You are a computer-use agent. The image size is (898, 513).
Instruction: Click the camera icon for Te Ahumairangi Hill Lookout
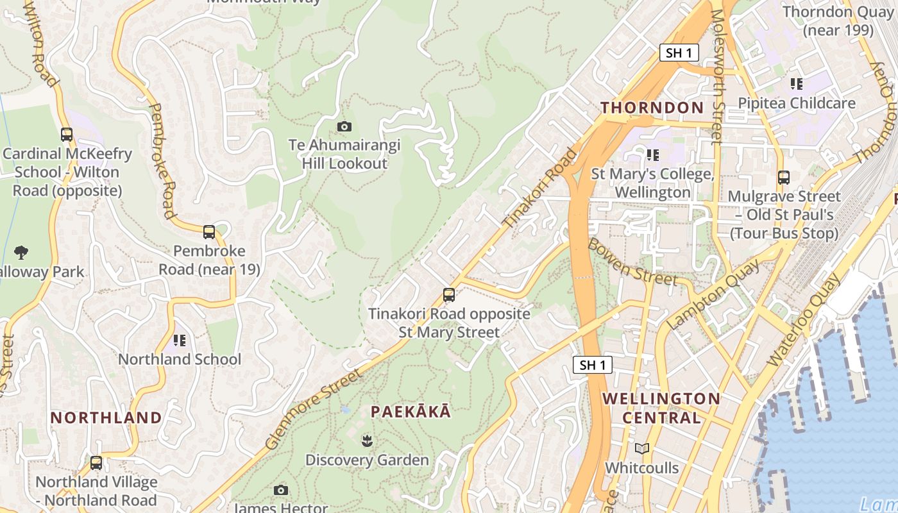344,126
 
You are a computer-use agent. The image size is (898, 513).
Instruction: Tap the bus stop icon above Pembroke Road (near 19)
209,232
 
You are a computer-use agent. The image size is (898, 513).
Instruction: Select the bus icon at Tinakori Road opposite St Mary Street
449,295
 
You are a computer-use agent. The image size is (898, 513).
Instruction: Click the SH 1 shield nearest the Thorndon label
679,53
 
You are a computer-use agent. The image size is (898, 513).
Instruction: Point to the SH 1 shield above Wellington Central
592,366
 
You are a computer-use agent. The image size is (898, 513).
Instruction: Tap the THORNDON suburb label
652,108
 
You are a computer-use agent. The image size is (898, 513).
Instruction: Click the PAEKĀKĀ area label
411,412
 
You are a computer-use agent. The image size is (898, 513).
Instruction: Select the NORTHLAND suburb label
106,418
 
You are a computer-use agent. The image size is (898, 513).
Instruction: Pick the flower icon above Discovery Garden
367,441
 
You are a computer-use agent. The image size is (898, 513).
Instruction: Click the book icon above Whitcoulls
642,448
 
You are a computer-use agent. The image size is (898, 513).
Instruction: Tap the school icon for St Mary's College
652,155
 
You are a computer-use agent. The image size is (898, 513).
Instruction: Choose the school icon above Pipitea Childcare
796,83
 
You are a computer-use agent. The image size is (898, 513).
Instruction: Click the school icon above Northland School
179,340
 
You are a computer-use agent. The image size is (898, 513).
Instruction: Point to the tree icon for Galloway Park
21,252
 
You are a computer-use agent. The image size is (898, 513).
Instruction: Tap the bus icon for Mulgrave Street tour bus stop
783,178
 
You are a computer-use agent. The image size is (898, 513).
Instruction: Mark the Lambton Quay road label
714,294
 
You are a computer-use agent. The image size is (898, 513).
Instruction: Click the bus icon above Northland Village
96,462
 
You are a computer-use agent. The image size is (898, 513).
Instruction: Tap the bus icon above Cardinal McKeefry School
67,135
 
